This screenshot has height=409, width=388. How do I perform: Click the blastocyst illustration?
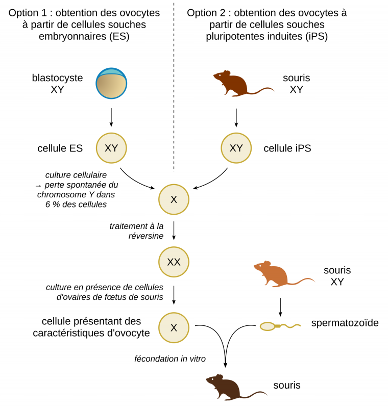(x=111, y=83)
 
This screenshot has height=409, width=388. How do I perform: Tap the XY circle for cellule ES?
(x=111, y=148)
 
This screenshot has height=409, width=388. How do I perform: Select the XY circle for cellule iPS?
(x=236, y=148)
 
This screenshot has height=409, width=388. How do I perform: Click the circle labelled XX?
(x=174, y=262)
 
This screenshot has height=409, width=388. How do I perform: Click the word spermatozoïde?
(x=345, y=323)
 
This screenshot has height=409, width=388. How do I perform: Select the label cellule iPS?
(x=287, y=148)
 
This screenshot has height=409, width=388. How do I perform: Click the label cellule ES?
(x=60, y=148)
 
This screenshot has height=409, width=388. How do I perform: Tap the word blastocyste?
(x=57, y=78)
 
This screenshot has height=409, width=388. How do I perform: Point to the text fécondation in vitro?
(x=169, y=359)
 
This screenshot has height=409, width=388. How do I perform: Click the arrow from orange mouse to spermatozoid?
(x=280, y=306)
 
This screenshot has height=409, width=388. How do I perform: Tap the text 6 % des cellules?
(x=75, y=204)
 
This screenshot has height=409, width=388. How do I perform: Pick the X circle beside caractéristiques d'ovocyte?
(x=174, y=327)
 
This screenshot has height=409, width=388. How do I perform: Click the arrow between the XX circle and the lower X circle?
(x=174, y=295)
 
